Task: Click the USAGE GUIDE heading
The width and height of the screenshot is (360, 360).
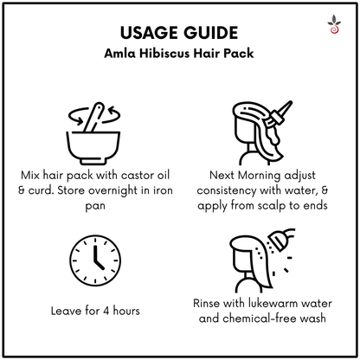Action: click(180, 34)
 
